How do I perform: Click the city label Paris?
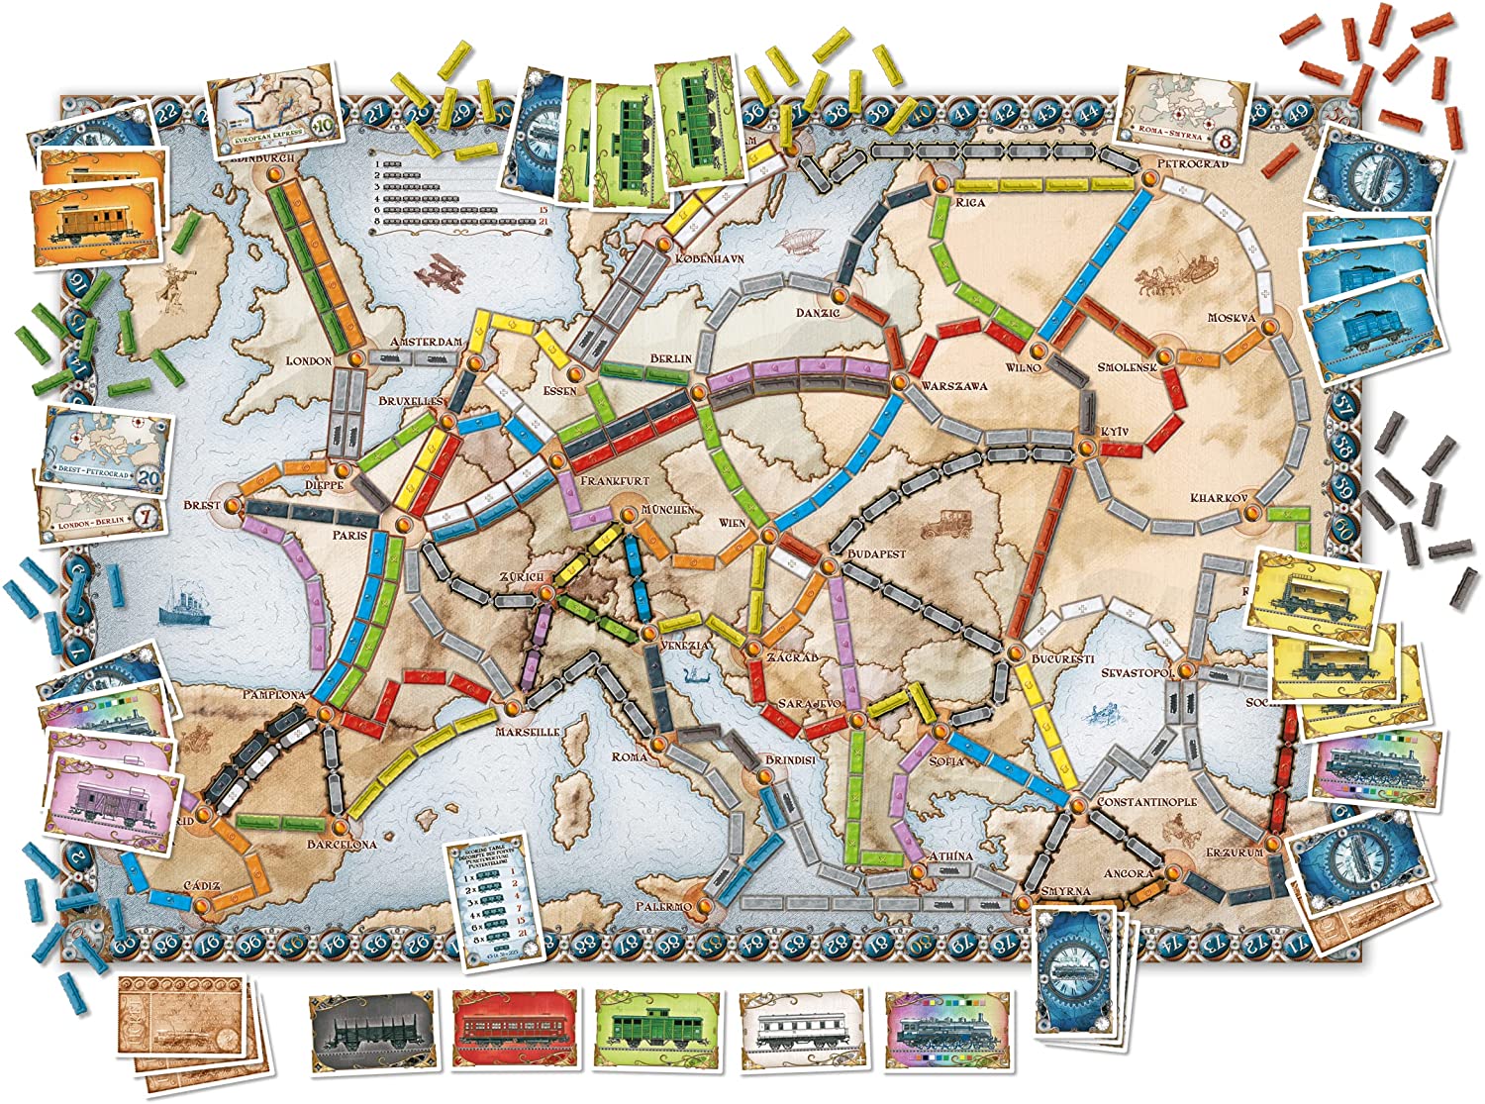pyautogui.click(x=349, y=536)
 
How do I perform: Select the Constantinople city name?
pyautogui.click(x=1146, y=802)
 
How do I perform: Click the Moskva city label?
pyautogui.click(x=1231, y=319)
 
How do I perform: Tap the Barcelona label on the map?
pyautogui.click(x=342, y=845)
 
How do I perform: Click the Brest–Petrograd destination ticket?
pyautogui.click(x=107, y=447)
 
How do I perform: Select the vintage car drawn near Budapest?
pyautogui.click(x=943, y=523)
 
